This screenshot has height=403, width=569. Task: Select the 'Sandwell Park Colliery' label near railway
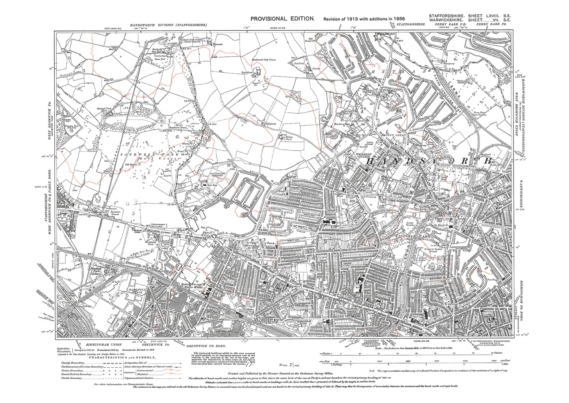96,271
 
